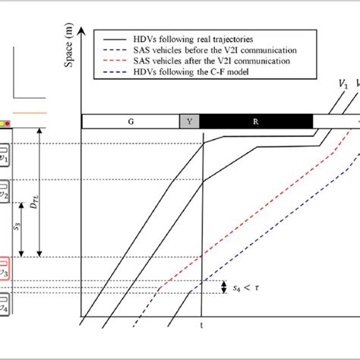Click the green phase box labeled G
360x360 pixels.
point(130,121)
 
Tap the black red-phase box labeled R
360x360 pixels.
point(255,121)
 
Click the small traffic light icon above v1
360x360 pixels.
point(5,122)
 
